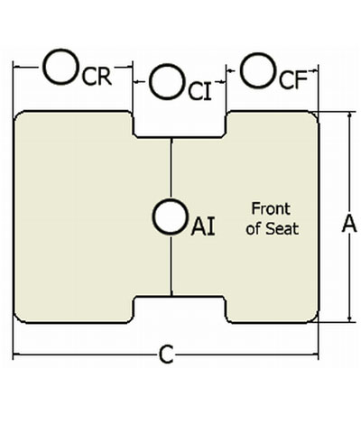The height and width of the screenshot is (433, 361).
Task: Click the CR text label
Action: [x=97, y=76]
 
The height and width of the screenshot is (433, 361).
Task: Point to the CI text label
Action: [x=199, y=91]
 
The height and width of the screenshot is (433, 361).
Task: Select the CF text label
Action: [x=293, y=80]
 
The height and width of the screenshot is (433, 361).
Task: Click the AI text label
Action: [x=203, y=226]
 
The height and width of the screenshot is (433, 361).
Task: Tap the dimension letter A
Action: [x=349, y=224]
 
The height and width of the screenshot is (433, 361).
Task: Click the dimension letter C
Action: [x=166, y=355]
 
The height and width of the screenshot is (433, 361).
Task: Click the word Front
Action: [x=271, y=208]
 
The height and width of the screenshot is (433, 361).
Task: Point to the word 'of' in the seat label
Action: [x=254, y=229]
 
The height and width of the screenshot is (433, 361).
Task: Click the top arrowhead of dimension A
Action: [x=349, y=115]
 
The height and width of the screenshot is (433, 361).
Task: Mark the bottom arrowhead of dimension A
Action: [x=349, y=318]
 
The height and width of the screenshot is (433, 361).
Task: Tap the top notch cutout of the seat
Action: [x=180, y=124]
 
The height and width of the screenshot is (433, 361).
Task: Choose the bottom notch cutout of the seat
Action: [x=180, y=309]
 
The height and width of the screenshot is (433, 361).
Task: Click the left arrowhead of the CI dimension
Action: [x=136, y=81]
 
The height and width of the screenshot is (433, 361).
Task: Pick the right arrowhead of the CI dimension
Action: [x=223, y=81]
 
